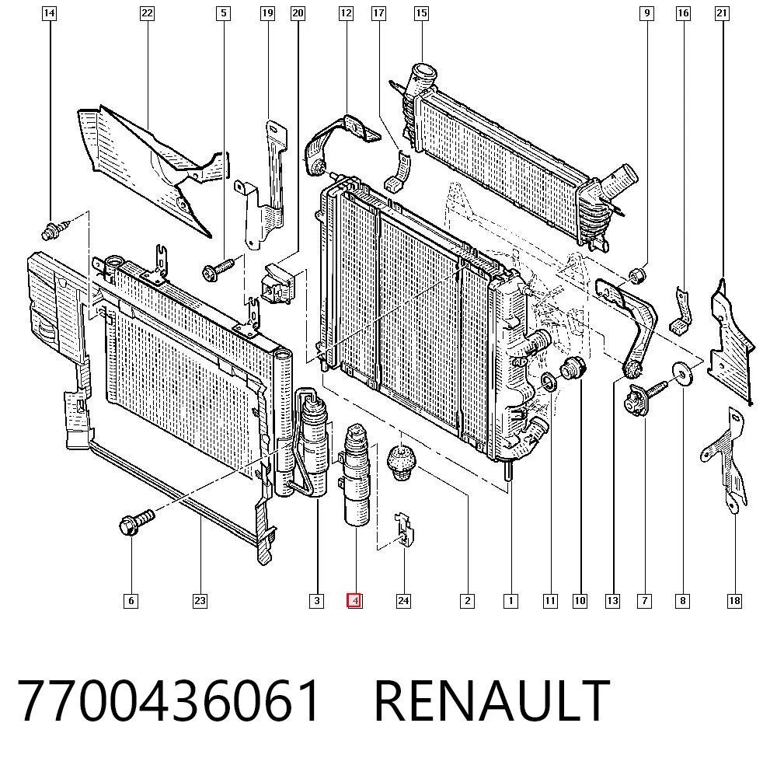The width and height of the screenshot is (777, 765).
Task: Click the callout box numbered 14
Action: [x=48, y=13]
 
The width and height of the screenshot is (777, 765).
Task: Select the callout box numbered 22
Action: [x=147, y=13]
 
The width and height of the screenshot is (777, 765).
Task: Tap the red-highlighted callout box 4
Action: [x=354, y=601]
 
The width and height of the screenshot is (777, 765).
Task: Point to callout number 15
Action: [x=421, y=13]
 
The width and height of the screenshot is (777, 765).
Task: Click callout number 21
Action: [x=722, y=13]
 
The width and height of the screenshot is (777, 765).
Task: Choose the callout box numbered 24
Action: [x=403, y=601]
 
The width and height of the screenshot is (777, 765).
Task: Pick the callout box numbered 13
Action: [x=612, y=601]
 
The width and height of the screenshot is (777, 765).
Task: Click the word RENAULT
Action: [x=492, y=700]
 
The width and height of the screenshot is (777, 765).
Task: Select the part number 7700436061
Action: [x=169, y=700]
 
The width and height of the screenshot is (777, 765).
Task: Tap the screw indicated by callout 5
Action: [x=218, y=269]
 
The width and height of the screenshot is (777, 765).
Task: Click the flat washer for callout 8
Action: [x=682, y=374]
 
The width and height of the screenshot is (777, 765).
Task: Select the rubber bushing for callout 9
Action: [x=637, y=275]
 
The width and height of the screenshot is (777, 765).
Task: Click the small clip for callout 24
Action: [x=404, y=529]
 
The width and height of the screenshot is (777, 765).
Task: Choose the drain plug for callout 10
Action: [x=573, y=369]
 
